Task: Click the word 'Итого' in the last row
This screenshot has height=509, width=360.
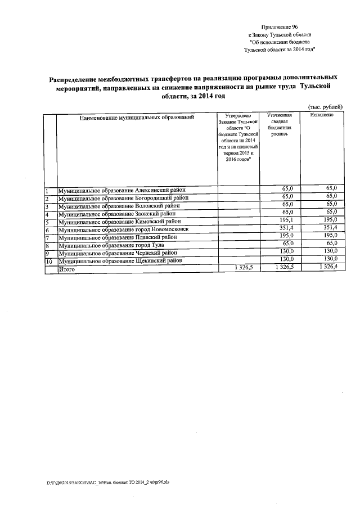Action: pyautogui.click(x=67, y=269)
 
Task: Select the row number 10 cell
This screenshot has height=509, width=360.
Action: pyautogui.click(x=48, y=262)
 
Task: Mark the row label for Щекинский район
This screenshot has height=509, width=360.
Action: pyautogui.click(x=121, y=261)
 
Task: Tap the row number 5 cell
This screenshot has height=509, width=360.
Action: pyautogui.click(x=47, y=222)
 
